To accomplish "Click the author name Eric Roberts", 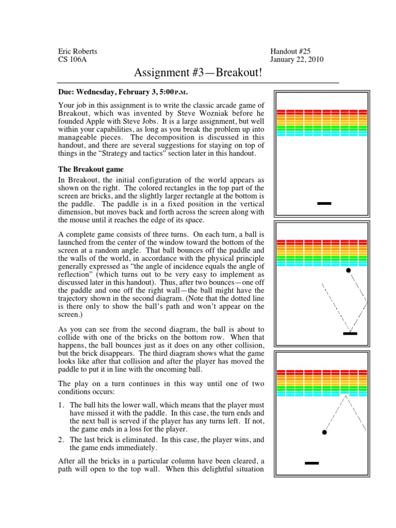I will pos(77,51).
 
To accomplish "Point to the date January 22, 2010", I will pos(297,59).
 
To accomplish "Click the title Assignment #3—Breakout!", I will pos(198,73).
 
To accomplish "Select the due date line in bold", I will pos(123,92).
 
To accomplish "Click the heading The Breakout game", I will pos(91,169).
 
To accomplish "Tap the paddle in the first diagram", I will pos(324,204).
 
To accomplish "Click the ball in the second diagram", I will pos(349,270).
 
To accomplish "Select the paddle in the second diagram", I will pos(350,334).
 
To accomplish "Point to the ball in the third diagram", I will pos(324,432).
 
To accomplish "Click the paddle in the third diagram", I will pos(312,463).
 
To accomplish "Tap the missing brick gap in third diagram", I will pos(346,394).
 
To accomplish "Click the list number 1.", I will pos(61,405).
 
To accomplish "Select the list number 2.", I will pos(61,439).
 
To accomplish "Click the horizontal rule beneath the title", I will pos(198,82).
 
